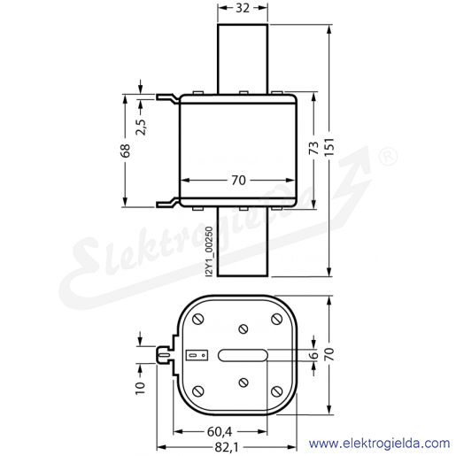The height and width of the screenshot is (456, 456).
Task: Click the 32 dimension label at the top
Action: pyautogui.click(x=243, y=8)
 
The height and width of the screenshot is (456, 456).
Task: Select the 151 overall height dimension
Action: pyautogui.click(x=330, y=147)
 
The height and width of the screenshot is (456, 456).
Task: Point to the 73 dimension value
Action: pyautogui.click(x=314, y=148)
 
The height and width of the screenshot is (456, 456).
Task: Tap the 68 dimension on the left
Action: pyautogui.click(x=126, y=151)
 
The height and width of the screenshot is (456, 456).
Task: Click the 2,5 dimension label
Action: pyautogui.click(x=141, y=127)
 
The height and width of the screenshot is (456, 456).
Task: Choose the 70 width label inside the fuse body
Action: pyautogui.click(x=238, y=181)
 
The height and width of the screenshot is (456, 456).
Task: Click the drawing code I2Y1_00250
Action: pyautogui.click(x=209, y=251)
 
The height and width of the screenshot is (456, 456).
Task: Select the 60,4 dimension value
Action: pyautogui.click(x=220, y=432)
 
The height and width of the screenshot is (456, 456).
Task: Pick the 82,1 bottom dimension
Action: pyautogui.click(x=227, y=448)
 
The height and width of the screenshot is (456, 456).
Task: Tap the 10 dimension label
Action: pyautogui.click(x=141, y=388)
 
